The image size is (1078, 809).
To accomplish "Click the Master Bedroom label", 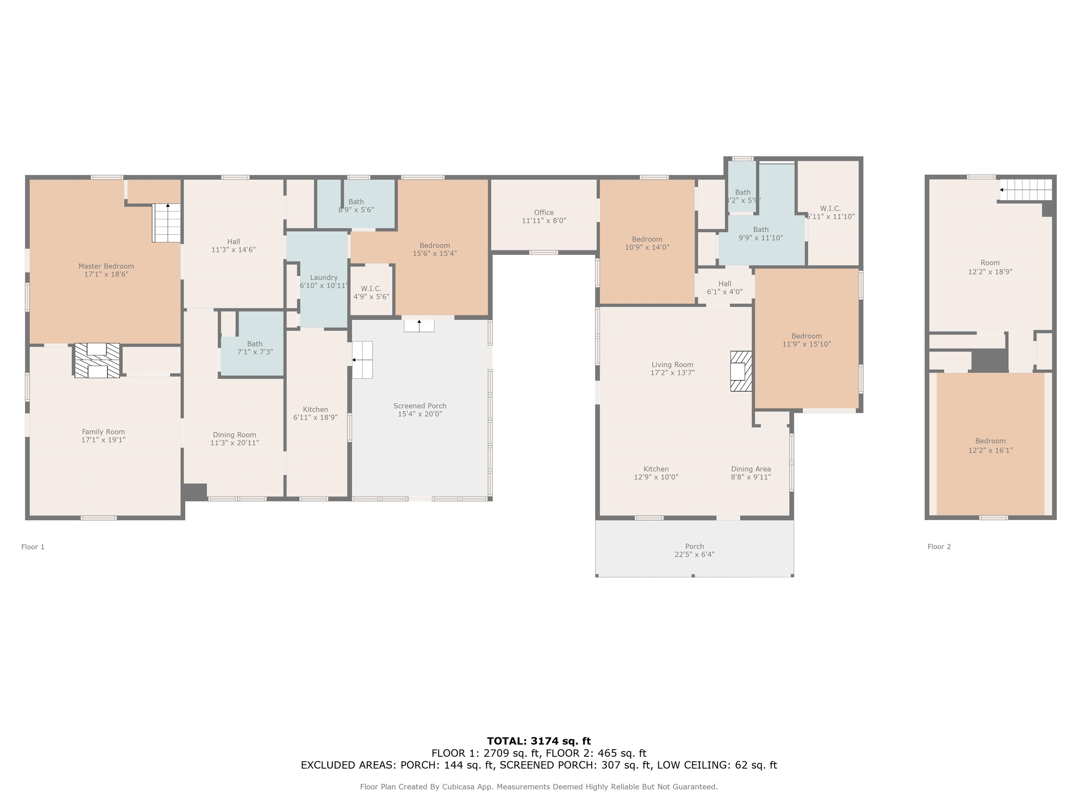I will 106,266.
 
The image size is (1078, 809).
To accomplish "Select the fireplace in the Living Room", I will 740,371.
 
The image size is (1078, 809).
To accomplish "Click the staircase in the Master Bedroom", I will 167,223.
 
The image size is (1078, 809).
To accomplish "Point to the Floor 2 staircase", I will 1025,190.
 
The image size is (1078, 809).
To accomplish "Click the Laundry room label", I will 324,277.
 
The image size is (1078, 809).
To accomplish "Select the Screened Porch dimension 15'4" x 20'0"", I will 420,414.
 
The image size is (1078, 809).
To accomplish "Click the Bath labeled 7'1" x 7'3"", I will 254,344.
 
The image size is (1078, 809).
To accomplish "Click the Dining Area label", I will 751,469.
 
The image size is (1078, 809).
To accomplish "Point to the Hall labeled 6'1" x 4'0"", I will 724,284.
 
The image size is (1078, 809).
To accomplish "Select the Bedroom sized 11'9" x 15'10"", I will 806,336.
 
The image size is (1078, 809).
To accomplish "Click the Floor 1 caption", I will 33,547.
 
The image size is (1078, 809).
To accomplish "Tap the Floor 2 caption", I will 939,547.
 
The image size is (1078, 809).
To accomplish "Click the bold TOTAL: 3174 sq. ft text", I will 539,741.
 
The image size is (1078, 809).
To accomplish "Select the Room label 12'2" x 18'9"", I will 990,263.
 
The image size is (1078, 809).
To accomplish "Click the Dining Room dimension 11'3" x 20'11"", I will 234,443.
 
